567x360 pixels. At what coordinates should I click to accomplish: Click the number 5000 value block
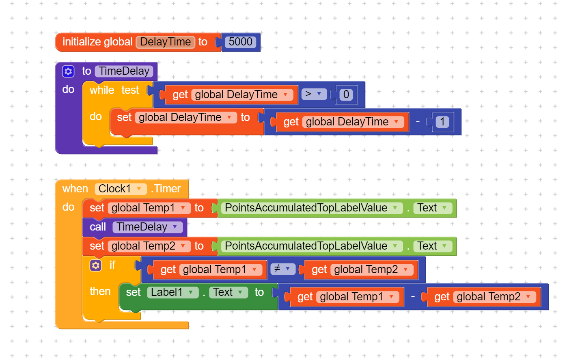pos(240,42)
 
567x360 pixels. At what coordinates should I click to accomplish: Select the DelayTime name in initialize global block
pos(165,42)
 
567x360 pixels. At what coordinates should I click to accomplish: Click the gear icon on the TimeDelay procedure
pos(68,71)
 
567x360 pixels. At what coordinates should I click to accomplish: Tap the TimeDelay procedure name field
pos(124,71)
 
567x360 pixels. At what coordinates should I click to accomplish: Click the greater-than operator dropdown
pos(314,94)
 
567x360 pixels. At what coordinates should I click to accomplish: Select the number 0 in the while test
pos(346,95)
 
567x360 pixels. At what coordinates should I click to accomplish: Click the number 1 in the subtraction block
pos(442,122)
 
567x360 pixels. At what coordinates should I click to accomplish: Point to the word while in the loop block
pos(101,90)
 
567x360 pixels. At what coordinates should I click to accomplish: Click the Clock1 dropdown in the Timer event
pos(120,189)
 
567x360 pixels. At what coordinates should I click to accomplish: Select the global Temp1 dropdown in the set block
pos(149,208)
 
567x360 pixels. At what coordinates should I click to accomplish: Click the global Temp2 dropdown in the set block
pos(149,246)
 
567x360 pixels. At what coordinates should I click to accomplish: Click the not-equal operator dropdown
pos(282,269)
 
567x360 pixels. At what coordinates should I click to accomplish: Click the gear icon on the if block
pos(96,265)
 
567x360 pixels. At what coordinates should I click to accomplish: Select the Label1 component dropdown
pos(172,292)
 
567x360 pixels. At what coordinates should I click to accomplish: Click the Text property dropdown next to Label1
pos(228,292)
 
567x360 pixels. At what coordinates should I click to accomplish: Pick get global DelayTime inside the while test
pos(230,95)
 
